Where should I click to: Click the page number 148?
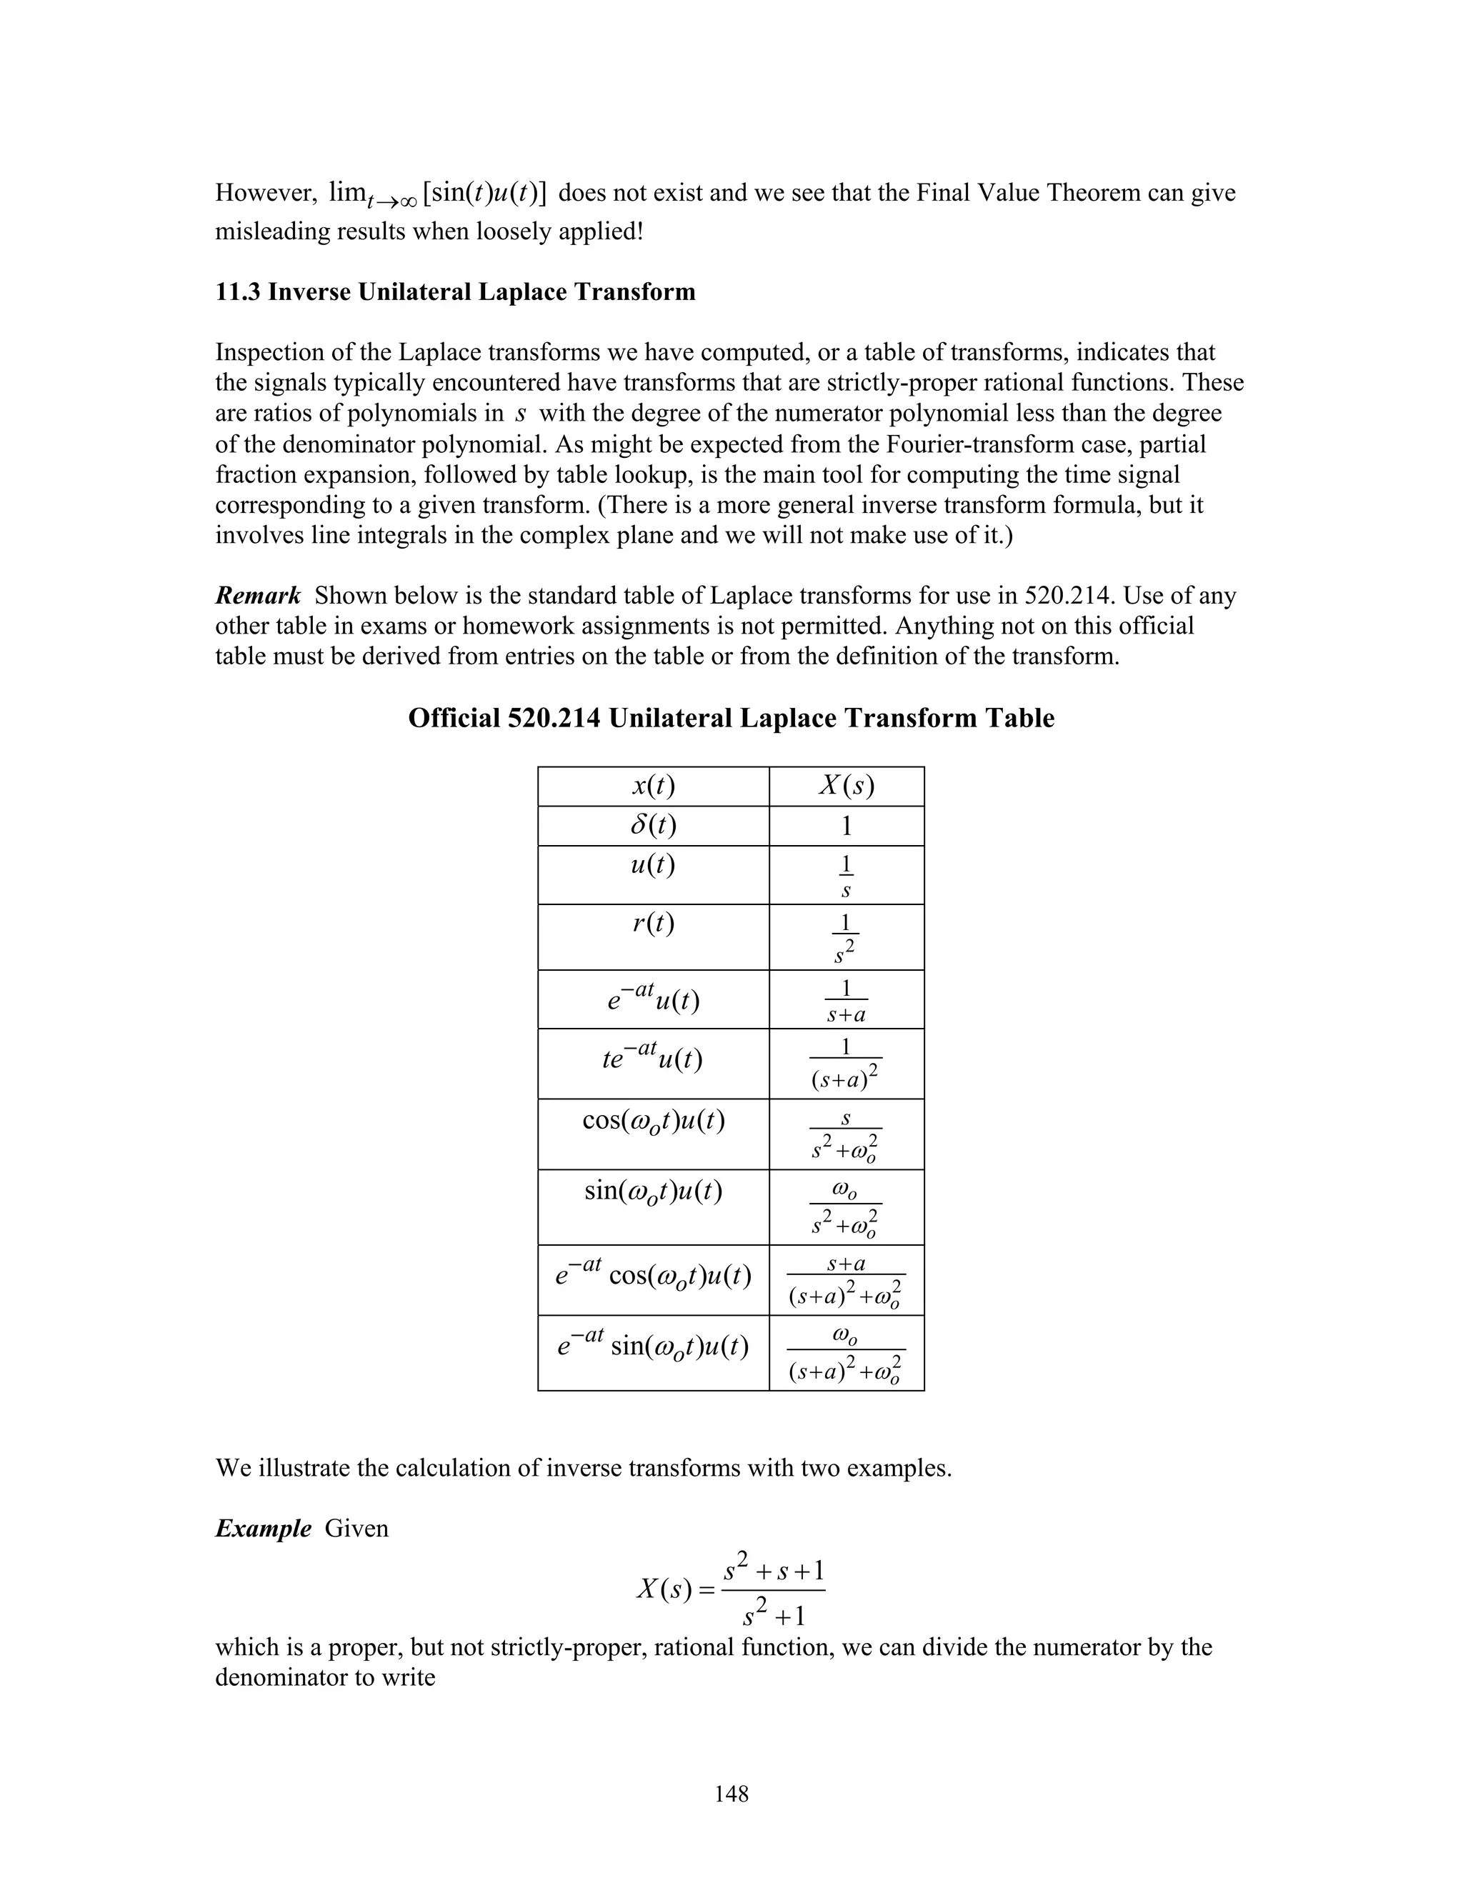731,1793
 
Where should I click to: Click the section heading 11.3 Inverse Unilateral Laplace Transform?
455,292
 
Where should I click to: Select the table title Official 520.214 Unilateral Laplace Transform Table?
731,719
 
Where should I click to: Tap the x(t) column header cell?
654,786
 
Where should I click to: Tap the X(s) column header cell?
847,786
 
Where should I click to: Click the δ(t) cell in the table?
654,825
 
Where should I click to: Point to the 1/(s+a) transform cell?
847,999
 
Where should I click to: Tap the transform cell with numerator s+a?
847,1279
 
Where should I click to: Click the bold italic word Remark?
257,596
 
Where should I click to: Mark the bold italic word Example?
263,1528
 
